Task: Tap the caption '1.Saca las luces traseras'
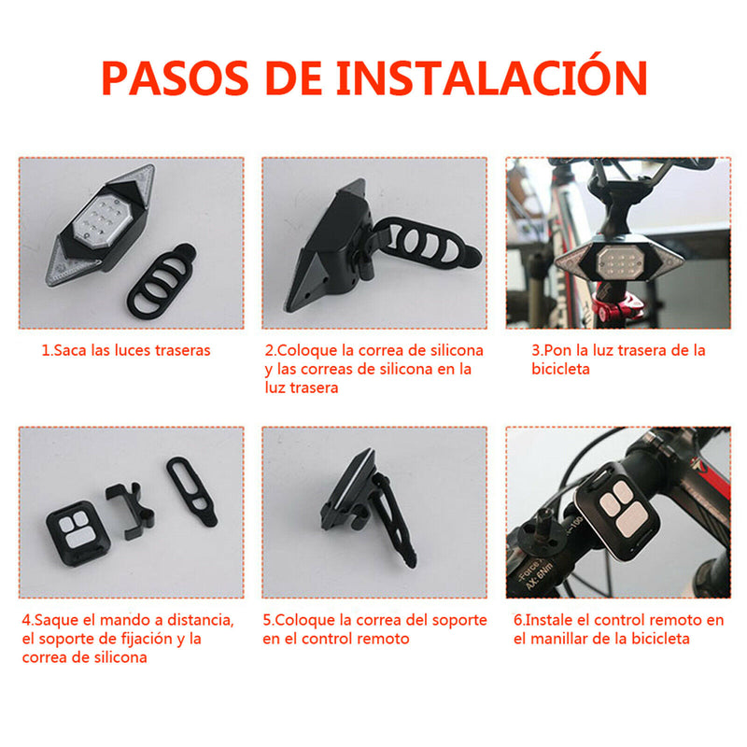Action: (x=126, y=351)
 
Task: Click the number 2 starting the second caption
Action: (x=269, y=351)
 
